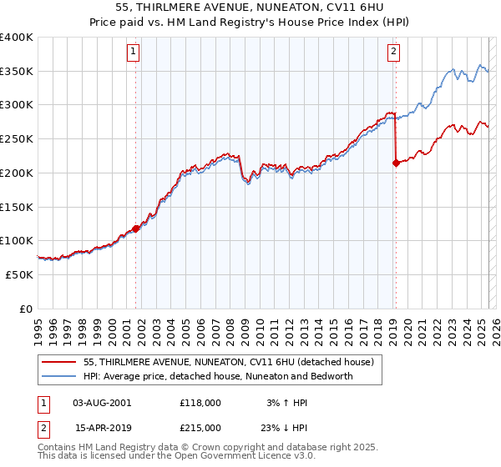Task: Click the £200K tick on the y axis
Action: point(17,173)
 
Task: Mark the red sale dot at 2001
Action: point(135,228)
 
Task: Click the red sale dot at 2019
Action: point(396,163)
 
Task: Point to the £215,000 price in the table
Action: point(200,427)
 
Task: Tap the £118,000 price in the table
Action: point(200,402)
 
